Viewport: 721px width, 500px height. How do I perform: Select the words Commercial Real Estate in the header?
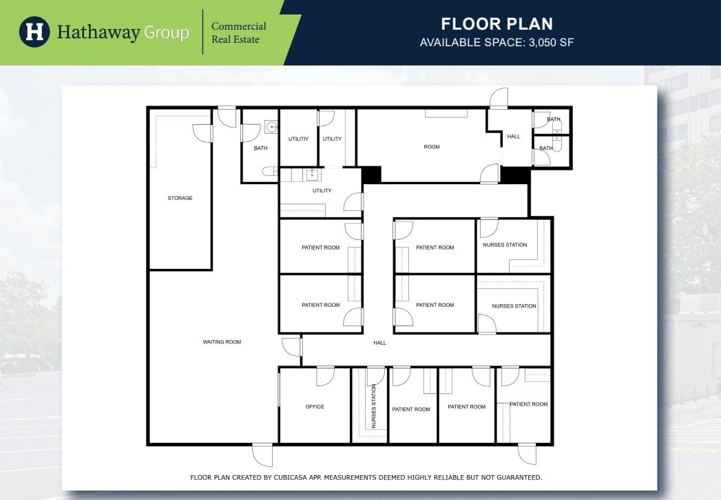point(238,32)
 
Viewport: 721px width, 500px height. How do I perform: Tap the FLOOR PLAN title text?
point(497,24)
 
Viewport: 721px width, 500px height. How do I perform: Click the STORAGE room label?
point(180,198)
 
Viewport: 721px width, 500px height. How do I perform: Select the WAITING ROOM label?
point(222,341)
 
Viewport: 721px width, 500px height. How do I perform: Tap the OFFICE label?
point(315,407)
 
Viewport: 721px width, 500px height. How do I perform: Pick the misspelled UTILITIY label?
point(298,139)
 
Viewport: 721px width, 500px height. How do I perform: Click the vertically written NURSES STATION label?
point(374,407)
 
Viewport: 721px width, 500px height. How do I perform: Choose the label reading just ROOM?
point(432,147)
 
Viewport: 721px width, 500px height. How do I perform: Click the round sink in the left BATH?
point(271,127)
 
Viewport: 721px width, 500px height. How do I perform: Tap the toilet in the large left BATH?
point(269,171)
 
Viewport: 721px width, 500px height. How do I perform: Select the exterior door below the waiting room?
point(262,454)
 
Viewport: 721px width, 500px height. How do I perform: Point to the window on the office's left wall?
point(279,389)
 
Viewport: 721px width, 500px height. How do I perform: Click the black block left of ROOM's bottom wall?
point(371,174)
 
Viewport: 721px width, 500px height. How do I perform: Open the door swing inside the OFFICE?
point(324,377)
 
